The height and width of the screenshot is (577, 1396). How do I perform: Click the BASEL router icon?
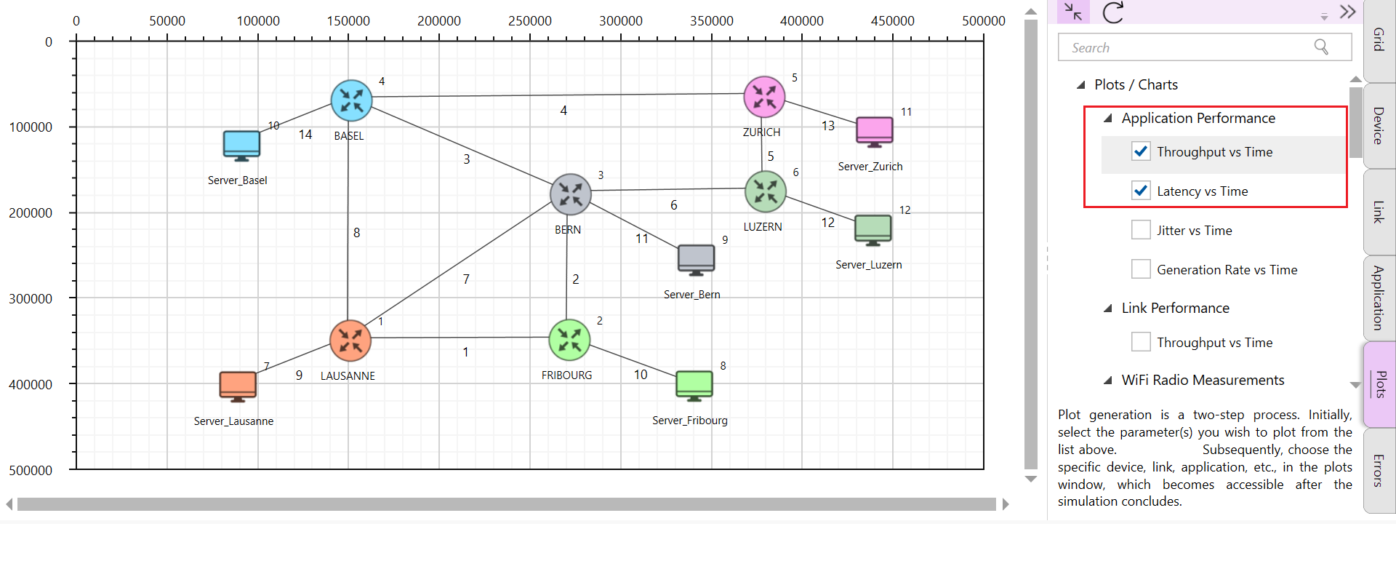(x=351, y=100)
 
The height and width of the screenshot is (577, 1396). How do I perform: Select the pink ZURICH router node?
(x=764, y=97)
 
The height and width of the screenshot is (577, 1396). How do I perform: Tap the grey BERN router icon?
(x=571, y=194)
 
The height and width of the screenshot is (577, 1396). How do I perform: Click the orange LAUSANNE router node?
(x=350, y=341)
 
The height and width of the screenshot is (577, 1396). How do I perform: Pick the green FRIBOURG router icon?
(x=569, y=340)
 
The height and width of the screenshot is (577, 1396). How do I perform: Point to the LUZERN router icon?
(x=766, y=191)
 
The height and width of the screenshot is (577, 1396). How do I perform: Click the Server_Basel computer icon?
(x=241, y=146)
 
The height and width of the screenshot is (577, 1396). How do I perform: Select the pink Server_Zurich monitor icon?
(x=874, y=132)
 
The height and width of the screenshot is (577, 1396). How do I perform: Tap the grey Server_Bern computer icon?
(x=696, y=260)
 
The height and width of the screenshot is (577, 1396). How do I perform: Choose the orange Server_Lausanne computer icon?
(x=238, y=386)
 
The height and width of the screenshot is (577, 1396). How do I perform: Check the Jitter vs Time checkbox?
(x=1141, y=230)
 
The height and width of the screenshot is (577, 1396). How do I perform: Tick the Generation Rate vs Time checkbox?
(x=1141, y=269)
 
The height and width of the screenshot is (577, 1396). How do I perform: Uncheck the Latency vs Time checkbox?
(x=1141, y=191)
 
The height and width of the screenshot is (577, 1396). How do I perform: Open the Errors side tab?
(x=1379, y=470)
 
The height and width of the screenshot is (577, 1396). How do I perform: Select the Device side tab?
(x=1379, y=125)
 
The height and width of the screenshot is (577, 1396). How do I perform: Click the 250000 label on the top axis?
(x=529, y=21)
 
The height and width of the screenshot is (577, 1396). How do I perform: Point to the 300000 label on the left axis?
(x=31, y=298)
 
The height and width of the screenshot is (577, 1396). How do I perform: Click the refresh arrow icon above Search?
(x=1113, y=12)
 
